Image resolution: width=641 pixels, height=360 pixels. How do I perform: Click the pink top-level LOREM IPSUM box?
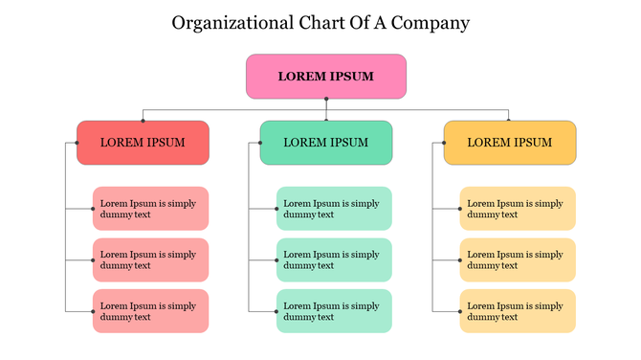[325, 77]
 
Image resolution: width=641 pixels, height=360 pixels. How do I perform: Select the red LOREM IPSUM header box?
[143, 143]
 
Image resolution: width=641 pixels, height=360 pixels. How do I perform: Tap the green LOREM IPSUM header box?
[326, 143]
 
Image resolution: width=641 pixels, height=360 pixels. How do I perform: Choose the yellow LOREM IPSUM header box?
[510, 143]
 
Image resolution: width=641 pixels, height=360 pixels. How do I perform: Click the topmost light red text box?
[150, 209]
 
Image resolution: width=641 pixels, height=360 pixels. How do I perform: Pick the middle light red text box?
[150, 259]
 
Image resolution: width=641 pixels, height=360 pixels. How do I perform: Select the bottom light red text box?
[150, 311]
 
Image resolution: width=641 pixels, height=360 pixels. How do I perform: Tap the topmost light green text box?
[334, 209]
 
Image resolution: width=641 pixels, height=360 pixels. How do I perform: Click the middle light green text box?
[334, 259]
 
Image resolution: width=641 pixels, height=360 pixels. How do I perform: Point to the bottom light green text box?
[334, 311]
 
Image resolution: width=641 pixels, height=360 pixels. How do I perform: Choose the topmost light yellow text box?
[518, 209]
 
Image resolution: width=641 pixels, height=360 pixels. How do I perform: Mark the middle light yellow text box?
[518, 259]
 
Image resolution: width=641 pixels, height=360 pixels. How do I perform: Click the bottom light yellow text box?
[518, 311]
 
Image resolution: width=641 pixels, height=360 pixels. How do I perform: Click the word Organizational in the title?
[229, 23]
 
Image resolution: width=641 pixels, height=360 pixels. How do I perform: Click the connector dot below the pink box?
[326, 99]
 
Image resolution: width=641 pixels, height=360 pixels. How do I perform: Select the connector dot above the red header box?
[143, 121]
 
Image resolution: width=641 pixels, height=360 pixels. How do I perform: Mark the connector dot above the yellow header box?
[509, 121]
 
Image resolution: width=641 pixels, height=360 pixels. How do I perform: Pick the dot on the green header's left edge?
[260, 143]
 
